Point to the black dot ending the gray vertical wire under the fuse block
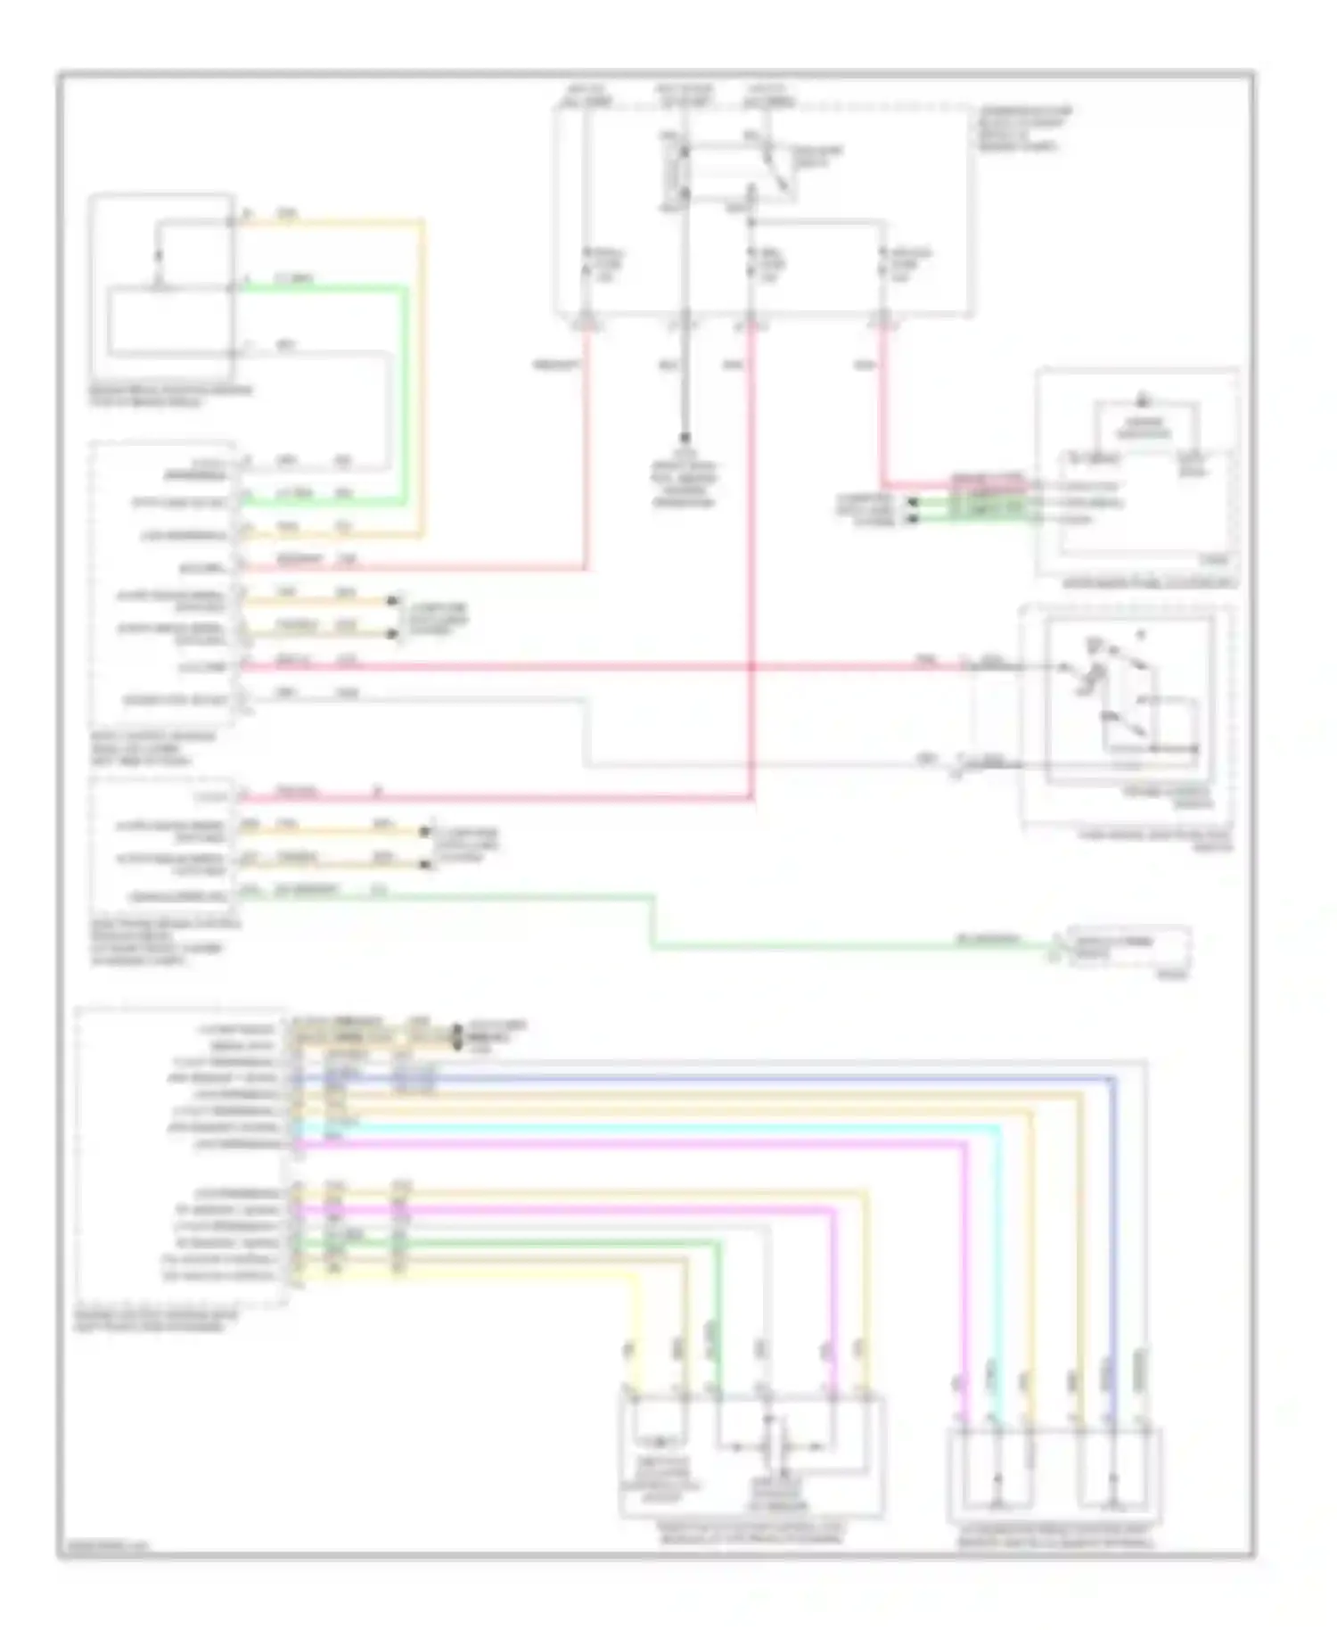pyautogui.click(x=685, y=439)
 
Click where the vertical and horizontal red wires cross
pyautogui.click(x=751, y=666)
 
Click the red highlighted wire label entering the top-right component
pyautogui.click(x=987, y=482)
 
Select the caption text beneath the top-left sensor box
pyautogui.click(x=169, y=396)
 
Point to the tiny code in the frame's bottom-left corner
pyautogui.click(x=103, y=1548)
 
